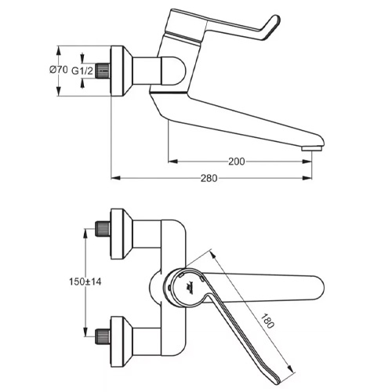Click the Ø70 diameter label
click(59, 70)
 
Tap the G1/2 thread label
click(82, 71)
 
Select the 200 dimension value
click(237, 162)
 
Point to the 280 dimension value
click(209, 178)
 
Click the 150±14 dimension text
click(85, 281)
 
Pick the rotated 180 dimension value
click(267, 321)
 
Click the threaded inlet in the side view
click(103, 71)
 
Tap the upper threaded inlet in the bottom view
click(103, 229)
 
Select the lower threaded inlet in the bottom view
click(103, 336)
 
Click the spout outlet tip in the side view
click(311, 148)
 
